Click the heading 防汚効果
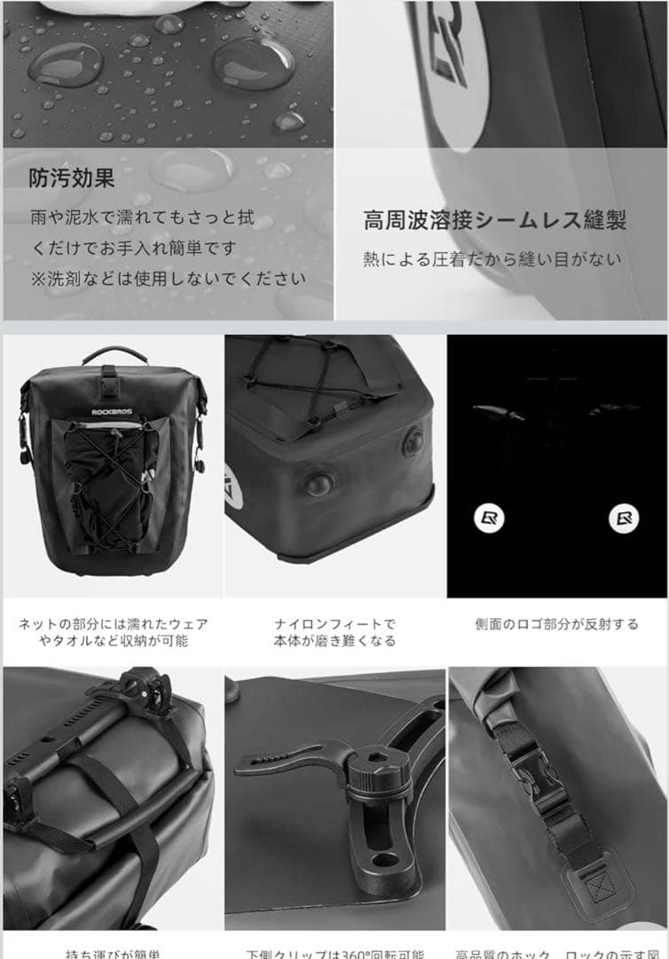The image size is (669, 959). tap(71, 178)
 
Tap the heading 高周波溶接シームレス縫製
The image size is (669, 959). tap(494, 221)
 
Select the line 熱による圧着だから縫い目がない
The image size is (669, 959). tap(492, 260)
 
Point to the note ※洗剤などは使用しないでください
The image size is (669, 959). tap(169, 278)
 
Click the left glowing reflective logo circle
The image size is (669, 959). tap(489, 518)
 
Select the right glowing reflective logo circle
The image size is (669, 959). tap(623, 518)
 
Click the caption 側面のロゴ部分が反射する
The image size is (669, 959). tap(556, 624)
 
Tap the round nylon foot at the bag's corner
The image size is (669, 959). tap(318, 484)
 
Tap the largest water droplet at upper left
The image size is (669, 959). tap(64, 64)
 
